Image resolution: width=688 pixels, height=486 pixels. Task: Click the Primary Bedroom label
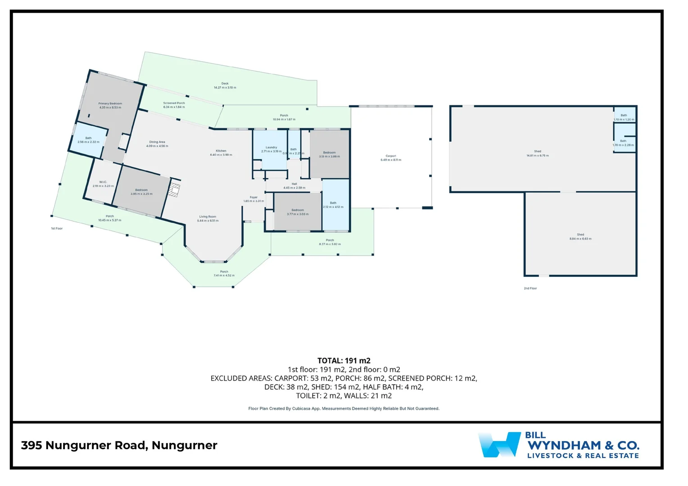tap(110, 105)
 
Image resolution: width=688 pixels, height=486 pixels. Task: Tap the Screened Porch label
tap(174, 105)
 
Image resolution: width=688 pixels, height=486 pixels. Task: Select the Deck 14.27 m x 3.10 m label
tap(225, 85)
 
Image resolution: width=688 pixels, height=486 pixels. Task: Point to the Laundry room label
tap(271, 149)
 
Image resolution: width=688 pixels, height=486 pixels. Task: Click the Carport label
tap(390, 158)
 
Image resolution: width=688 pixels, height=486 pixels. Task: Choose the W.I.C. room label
tap(103, 184)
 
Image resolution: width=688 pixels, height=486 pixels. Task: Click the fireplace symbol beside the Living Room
tap(174, 190)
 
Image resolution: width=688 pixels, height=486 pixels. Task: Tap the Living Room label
tap(208, 219)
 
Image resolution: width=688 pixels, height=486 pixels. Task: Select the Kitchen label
tap(221, 153)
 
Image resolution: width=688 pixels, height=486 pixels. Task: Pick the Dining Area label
tap(157, 144)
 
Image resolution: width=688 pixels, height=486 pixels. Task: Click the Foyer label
tap(253, 199)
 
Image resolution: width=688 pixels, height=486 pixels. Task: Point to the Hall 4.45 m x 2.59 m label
tap(294, 186)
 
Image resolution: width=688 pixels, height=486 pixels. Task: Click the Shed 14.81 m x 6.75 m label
tap(537, 153)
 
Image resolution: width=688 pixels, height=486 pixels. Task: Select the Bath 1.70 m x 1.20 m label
tap(624, 117)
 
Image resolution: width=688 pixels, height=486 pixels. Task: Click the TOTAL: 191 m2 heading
tap(344, 360)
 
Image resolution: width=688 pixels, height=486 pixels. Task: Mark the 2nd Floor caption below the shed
tap(530, 288)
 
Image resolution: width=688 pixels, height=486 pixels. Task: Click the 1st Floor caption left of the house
tap(57, 229)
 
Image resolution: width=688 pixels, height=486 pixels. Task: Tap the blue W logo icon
tap(499, 445)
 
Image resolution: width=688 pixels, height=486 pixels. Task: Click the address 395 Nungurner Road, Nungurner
tap(119, 445)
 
